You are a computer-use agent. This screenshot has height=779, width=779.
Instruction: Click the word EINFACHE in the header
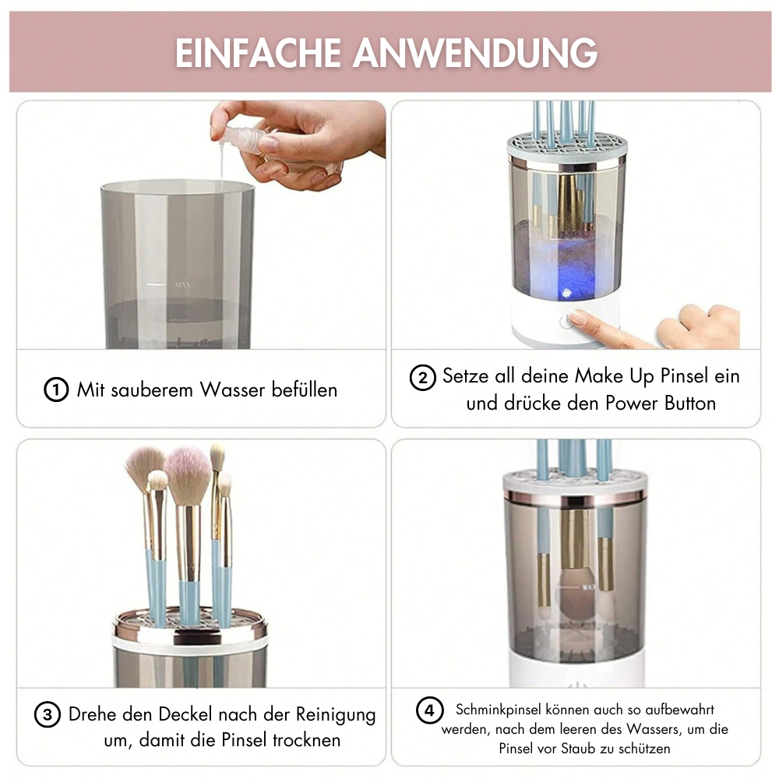tap(258, 53)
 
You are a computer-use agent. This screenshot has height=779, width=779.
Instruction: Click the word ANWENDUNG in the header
tap(475, 53)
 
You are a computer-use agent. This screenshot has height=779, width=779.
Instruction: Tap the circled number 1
tap(55, 390)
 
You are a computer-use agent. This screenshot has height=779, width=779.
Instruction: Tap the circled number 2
tap(422, 378)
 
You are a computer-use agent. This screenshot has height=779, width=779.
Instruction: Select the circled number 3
tap(48, 715)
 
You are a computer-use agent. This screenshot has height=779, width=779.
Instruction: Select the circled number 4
tap(429, 710)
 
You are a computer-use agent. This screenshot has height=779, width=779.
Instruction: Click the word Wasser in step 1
tap(232, 390)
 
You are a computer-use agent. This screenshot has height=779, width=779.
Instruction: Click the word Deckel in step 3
tap(183, 714)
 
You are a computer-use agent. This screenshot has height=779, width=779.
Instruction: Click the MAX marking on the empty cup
tap(182, 284)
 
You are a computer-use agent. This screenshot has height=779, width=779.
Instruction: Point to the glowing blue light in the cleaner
tap(566, 293)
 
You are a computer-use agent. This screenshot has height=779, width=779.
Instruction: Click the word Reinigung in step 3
tap(336, 715)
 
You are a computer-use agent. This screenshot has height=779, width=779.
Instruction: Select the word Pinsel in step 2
tap(684, 376)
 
